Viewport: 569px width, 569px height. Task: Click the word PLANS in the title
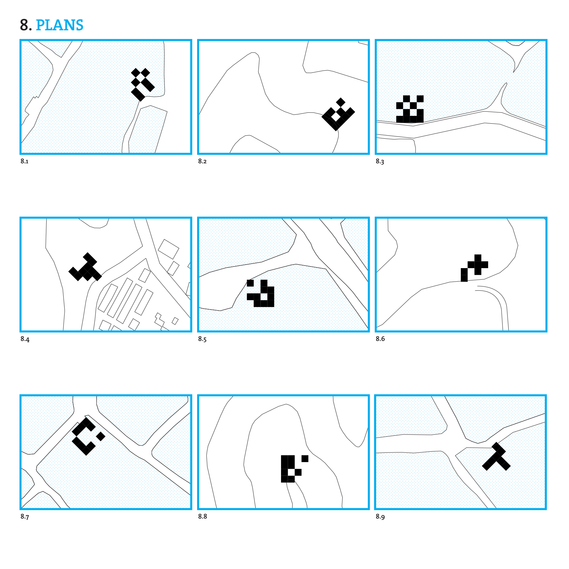[x=59, y=25]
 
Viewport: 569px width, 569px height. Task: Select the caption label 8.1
[x=24, y=161]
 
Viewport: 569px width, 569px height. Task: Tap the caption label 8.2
[x=202, y=161]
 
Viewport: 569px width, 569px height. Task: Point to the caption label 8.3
[x=380, y=162]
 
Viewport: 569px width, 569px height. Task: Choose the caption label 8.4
[x=25, y=339]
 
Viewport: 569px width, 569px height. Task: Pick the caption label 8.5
[x=202, y=339]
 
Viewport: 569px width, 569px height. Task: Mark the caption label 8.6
[x=380, y=339]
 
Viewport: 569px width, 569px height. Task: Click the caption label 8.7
[x=25, y=517]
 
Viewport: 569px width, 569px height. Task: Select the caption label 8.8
[x=203, y=516]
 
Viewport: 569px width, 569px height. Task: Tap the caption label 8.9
[x=380, y=517]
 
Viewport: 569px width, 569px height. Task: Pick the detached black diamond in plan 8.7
[x=101, y=436]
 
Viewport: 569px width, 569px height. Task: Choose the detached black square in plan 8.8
[x=305, y=459]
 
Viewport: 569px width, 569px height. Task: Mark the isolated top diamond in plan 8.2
[x=340, y=102]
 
